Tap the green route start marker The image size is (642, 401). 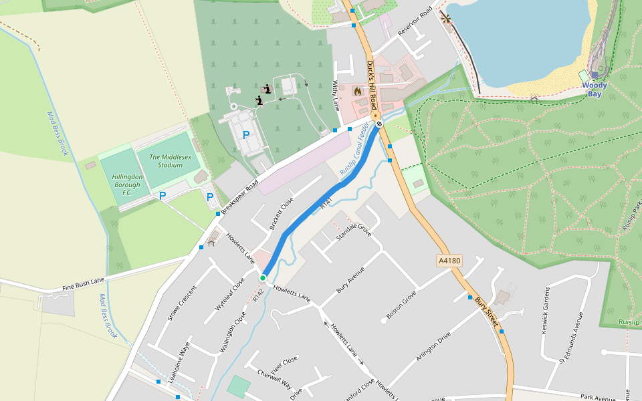(263, 277)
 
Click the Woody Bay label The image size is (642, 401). (595, 90)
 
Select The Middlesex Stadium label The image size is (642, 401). (161, 160)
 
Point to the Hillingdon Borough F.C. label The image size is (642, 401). (127, 184)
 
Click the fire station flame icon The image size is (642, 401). (358, 90)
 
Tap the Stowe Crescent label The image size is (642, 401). (182, 304)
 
